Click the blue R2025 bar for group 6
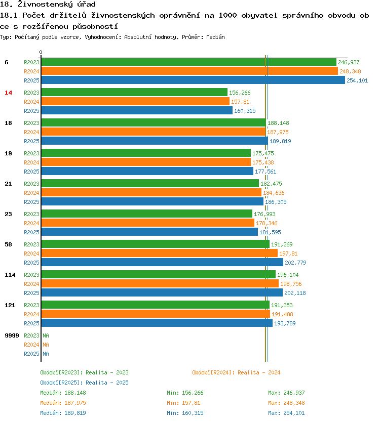(x=193, y=80)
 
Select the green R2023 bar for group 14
(x=134, y=93)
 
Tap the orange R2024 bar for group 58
(x=159, y=254)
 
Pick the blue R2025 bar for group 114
(x=162, y=293)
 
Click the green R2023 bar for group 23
(x=146, y=214)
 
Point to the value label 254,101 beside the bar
(x=357, y=80)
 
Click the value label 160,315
(x=245, y=111)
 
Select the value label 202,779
(x=295, y=263)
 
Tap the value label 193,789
(x=285, y=323)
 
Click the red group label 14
(x=8, y=93)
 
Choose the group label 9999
(x=12, y=335)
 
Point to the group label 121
(x=10, y=305)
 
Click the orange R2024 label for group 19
(x=31, y=162)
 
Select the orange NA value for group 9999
(x=46, y=345)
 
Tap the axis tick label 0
(x=41, y=52)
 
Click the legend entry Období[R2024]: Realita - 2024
(x=236, y=372)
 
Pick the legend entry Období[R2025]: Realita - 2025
(x=84, y=383)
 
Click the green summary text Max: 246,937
(x=286, y=393)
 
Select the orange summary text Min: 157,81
(x=185, y=403)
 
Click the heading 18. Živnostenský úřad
(x=48, y=5)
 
